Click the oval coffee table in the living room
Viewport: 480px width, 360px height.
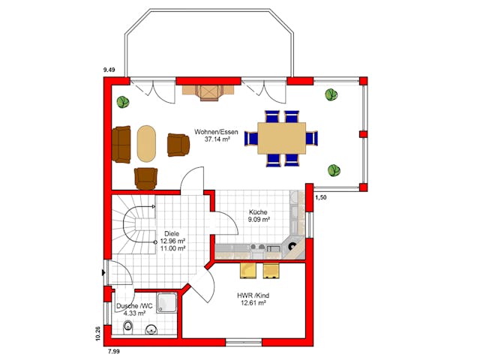(x=146, y=142)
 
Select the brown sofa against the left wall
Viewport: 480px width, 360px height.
(x=121, y=143)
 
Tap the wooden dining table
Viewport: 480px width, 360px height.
(x=281, y=138)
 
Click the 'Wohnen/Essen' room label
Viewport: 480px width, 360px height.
(x=216, y=132)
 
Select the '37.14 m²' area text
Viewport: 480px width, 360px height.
(x=216, y=140)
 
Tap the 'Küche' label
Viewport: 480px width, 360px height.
(x=258, y=211)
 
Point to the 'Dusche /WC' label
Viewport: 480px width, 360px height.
(x=135, y=306)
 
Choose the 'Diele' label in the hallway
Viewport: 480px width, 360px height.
(x=172, y=233)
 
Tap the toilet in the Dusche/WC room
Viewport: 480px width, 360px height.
(x=127, y=327)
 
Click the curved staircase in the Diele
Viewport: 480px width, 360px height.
(x=133, y=229)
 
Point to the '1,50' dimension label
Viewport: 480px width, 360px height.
(x=320, y=197)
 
